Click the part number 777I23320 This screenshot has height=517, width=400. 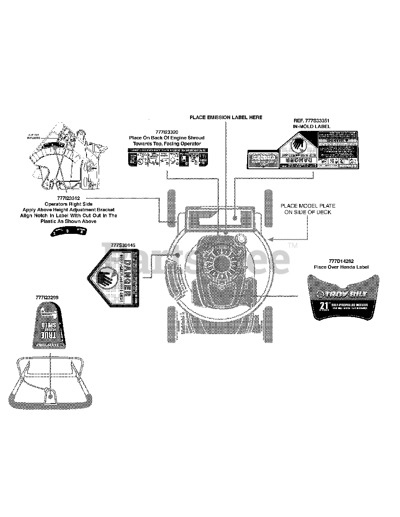(x=167, y=132)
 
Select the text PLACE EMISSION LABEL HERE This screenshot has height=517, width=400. (x=226, y=118)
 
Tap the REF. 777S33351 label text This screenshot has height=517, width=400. (x=311, y=120)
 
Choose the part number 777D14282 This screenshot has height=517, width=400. (x=341, y=261)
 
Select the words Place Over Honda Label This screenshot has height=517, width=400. (x=341, y=267)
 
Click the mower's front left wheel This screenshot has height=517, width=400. (x=172, y=206)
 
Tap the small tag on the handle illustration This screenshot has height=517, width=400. (x=50, y=395)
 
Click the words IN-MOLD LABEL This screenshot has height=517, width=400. (x=311, y=126)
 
